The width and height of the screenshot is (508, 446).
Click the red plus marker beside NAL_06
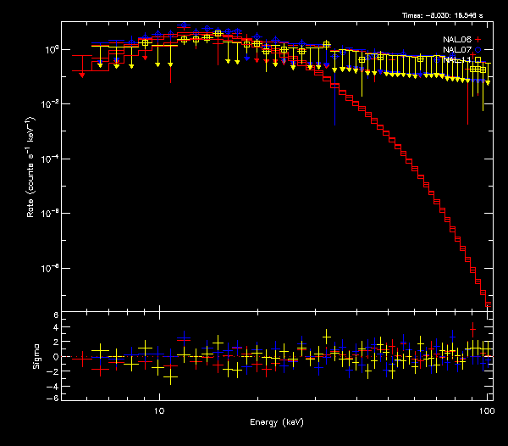(x=478, y=40)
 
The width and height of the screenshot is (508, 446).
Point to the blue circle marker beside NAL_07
(x=478, y=50)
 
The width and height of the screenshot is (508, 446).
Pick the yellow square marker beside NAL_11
(x=478, y=60)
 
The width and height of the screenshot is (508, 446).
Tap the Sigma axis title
(x=35, y=357)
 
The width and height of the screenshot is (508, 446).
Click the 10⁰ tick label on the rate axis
(x=50, y=49)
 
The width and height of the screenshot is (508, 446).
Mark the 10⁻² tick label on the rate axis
(x=49, y=103)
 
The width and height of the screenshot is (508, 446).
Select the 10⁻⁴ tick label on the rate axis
(x=49, y=159)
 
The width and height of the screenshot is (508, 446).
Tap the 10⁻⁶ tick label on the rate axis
(x=49, y=213)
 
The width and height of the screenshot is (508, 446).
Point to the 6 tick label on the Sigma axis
(x=55, y=315)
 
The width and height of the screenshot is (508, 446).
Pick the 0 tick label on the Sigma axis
(x=55, y=357)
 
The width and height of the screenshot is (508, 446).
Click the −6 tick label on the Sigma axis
(x=53, y=398)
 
